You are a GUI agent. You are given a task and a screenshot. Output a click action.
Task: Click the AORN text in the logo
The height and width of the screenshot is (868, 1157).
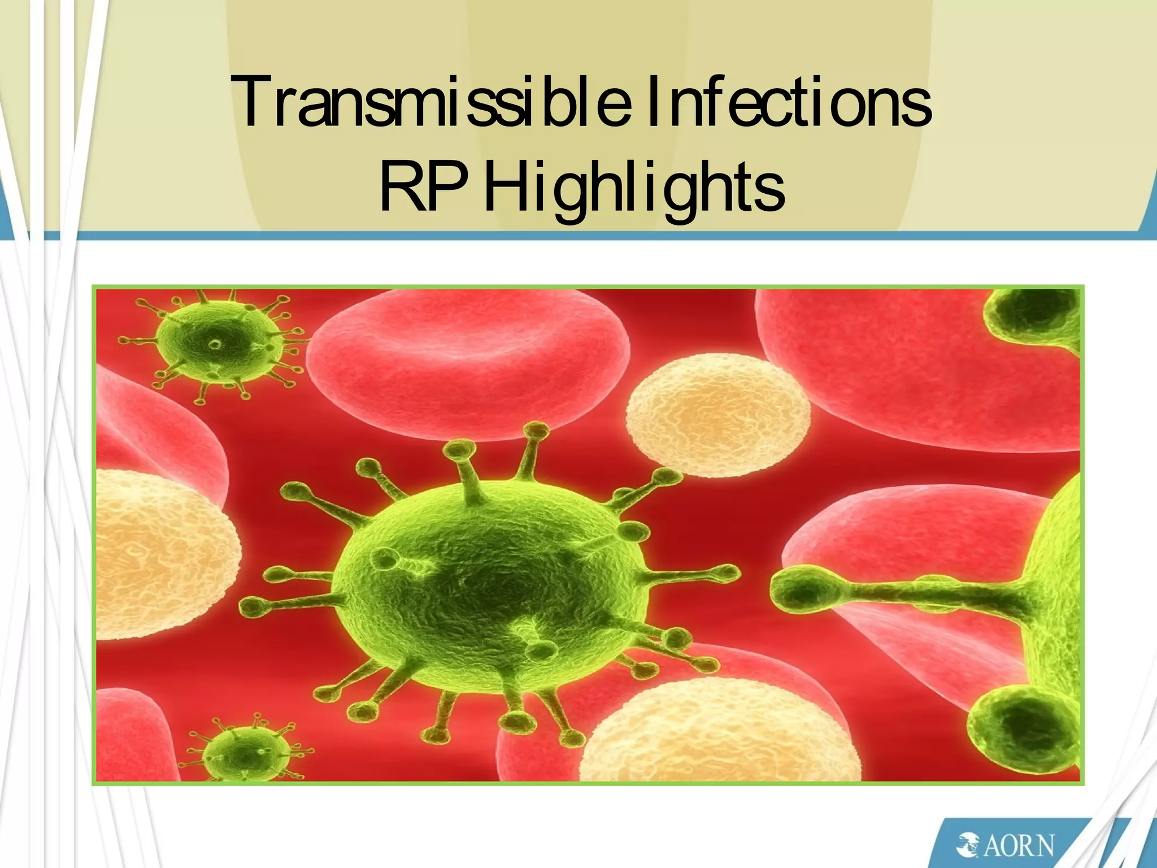(x=1020, y=846)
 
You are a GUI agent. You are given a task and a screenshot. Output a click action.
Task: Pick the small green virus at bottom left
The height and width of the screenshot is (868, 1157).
(x=237, y=752)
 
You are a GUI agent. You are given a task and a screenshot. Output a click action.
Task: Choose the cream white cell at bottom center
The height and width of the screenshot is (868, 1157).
(x=717, y=735)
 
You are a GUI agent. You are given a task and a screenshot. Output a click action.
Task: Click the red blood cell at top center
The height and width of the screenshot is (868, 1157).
(x=469, y=362)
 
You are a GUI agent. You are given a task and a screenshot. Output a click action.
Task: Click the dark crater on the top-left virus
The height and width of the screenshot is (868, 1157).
(x=215, y=343)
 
